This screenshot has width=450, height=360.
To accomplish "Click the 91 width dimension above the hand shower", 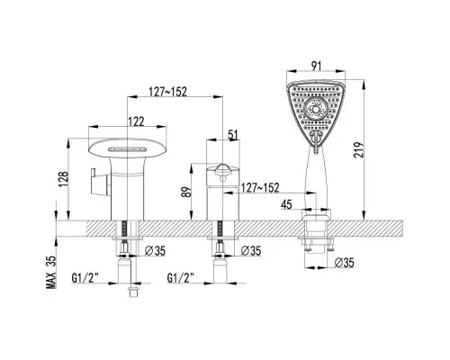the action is coord(316,66).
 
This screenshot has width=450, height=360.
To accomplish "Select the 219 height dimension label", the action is coord(358,150).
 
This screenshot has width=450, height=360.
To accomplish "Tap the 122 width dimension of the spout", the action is coord(137,121).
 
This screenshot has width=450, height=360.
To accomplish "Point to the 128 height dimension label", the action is coord(64,179).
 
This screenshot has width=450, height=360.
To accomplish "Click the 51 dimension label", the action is coord(233,135).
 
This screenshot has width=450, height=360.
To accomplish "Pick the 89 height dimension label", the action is coord(186,192).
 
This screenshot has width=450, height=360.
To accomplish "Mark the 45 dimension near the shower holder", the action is coord(286,204).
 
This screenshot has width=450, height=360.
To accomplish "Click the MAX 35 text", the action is coord(51,272).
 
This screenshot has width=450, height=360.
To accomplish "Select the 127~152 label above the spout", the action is coord(168,92).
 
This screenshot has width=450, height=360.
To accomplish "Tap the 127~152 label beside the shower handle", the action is coord(260,188).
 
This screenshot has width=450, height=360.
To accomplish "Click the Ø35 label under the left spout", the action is coord(155,250).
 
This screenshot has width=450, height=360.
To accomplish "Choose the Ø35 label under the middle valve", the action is coord(251,250).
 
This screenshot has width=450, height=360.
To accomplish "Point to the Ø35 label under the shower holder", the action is coord(345,263).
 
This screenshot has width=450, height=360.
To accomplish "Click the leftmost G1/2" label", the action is coord(85,278).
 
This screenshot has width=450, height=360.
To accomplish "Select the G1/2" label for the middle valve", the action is coord(181,278).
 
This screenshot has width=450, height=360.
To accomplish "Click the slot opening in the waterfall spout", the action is coord(128,149).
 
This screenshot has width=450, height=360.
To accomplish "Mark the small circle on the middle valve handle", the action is coord(222,179).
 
